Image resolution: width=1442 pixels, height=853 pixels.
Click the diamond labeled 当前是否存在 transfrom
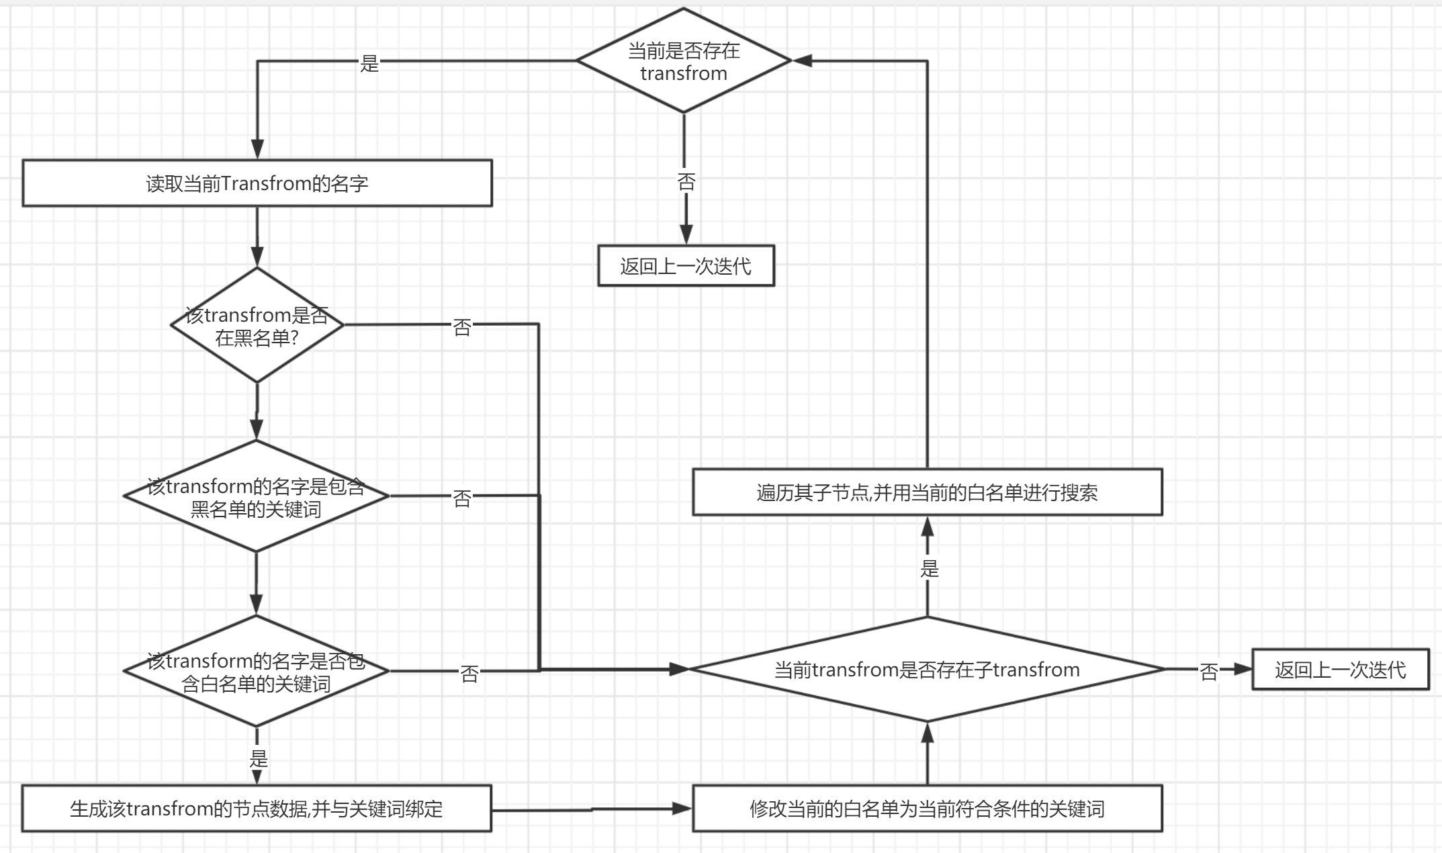click(x=684, y=61)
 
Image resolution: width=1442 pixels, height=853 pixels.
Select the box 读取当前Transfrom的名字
click(x=257, y=183)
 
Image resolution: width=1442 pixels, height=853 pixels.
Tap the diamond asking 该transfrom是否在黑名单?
click(x=257, y=326)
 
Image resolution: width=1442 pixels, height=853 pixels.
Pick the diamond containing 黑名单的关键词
click(x=257, y=497)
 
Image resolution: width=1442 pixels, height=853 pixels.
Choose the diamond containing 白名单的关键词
click(x=257, y=672)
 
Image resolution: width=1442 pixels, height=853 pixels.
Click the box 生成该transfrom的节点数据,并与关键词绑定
click(x=257, y=809)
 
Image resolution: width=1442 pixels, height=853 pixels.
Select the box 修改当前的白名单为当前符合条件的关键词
click(x=927, y=809)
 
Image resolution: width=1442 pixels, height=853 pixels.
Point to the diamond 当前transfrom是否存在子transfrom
click(x=927, y=670)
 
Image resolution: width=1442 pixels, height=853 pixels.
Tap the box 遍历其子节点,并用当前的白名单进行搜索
click(x=927, y=492)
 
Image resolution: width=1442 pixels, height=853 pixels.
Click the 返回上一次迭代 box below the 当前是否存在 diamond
click(x=686, y=266)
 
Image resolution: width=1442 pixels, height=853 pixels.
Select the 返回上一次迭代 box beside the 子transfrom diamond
click(x=1340, y=670)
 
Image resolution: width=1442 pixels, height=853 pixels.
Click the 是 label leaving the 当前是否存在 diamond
click(x=369, y=64)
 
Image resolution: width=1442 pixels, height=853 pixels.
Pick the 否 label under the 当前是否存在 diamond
click(x=686, y=182)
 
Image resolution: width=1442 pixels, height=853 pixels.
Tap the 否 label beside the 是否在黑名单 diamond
click(x=462, y=327)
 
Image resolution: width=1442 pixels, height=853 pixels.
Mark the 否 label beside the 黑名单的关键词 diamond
click(x=462, y=498)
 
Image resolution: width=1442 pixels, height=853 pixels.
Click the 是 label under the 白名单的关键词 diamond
click(x=259, y=759)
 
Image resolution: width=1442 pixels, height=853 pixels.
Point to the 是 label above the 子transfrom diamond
click(x=929, y=570)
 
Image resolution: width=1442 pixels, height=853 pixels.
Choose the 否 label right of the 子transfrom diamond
click(x=1208, y=672)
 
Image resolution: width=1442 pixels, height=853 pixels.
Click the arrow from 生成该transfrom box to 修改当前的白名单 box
click(x=591, y=809)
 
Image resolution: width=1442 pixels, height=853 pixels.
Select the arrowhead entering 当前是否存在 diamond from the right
click(x=803, y=61)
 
